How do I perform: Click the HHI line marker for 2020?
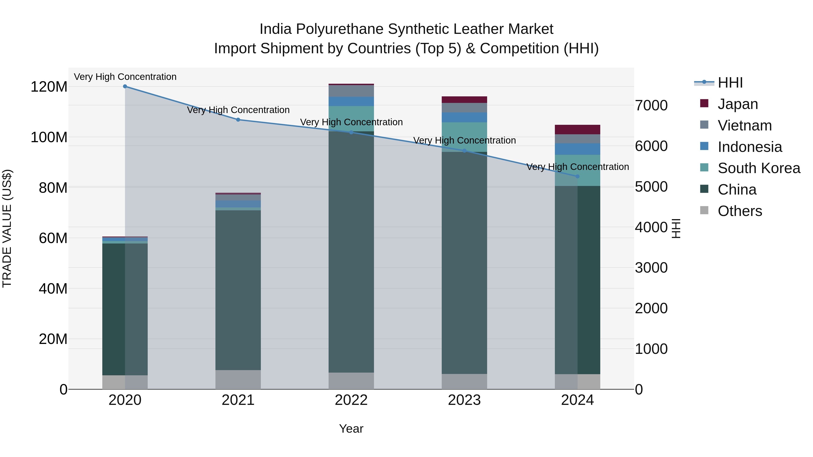(125, 86)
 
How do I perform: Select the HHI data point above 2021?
(238, 120)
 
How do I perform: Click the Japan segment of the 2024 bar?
(577, 130)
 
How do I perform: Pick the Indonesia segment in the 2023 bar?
(464, 117)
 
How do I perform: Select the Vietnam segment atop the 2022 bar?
(351, 91)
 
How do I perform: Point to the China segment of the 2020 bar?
(125, 309)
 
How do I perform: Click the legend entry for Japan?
(738, 104)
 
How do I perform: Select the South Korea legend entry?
(759, 168)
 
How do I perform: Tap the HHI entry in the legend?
(730, 83)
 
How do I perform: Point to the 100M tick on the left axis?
(49, 137)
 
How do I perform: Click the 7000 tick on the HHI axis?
(651, 106)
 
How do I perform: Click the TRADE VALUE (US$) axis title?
(7, 228)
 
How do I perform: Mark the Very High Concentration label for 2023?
(464, 140)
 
